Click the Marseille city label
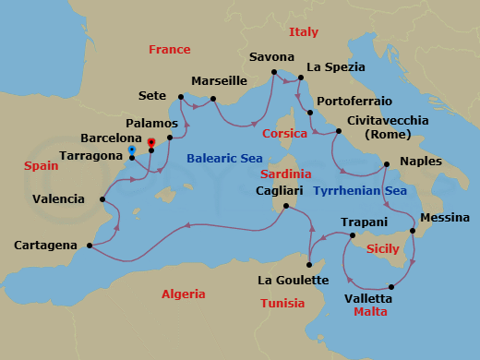tap(219, 81)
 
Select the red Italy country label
tap(304, 32)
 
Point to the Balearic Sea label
tap(224, 159)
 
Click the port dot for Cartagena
tap(89, 246)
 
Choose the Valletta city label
tap(367, 298)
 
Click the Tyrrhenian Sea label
tap(360, 191)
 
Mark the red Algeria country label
tap(183, 294)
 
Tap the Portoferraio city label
tap(354, 101)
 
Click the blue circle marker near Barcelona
tap(133, 149)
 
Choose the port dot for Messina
tap(413, 231)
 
